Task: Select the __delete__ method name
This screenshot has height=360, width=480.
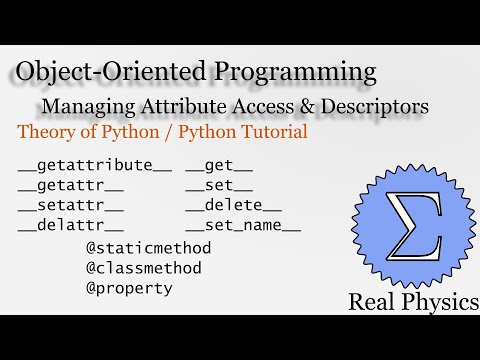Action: (x=233, y=205)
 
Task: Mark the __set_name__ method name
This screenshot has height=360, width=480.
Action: (x=243, y=225)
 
